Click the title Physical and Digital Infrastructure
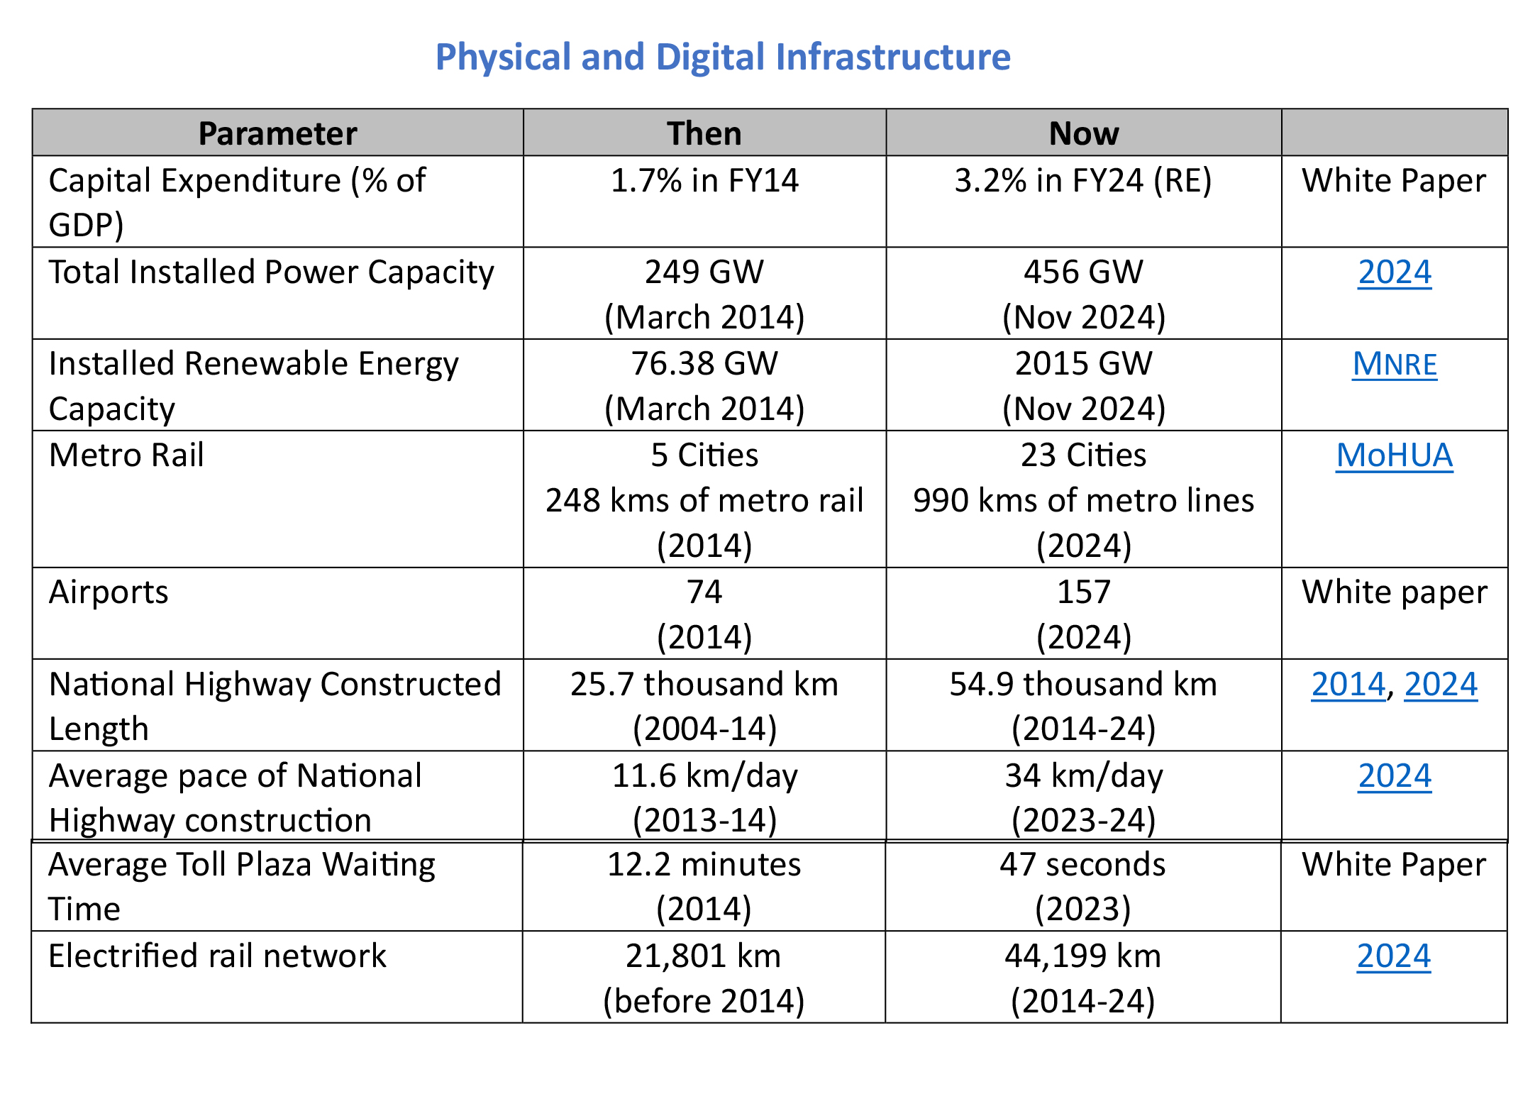click(722, 57)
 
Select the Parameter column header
click(277, 133)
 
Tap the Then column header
click(704, 133)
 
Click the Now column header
click(1083, 133)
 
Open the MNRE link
click(1394, 365)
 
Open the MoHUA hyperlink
click(1394, 455)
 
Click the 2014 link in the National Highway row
click(1348, 685)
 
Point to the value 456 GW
click(1083, 272)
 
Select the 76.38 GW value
click(704, 364)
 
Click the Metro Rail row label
click(126, 455)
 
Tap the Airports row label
click(109, 592)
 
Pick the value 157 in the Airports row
click(1083, 592)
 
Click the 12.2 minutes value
click(704, 865)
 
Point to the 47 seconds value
click(1082, 865)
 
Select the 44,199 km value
click(1082, 956)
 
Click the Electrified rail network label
click(217, 956)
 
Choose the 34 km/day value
click(1083, 776)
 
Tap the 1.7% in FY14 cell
click(704, 181)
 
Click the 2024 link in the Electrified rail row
click(1393, 956)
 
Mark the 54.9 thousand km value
click(1083, 685)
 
